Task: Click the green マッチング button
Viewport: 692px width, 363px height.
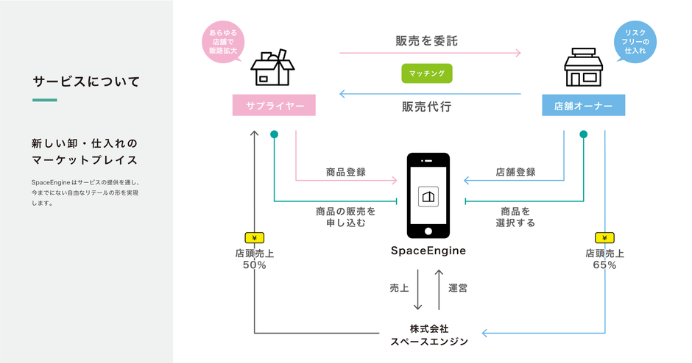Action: point(426,73)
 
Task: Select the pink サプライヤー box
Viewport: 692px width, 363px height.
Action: point(274,106)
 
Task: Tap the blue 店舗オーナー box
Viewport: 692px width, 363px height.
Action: point(584,106)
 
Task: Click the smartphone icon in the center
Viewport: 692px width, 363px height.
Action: point(428,195)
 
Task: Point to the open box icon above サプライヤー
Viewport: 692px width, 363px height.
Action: point(272,68)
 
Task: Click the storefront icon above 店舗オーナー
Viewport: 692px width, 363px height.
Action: point(584,68)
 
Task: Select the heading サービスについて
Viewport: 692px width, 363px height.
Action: point(86,81)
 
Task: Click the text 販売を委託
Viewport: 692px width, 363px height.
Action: point(426,41)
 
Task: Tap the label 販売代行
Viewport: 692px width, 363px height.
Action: point(426,106)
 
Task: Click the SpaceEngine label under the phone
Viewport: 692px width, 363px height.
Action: point(428,251)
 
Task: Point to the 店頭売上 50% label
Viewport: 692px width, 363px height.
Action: point(254,259)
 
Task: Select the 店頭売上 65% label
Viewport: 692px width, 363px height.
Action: point(604,259)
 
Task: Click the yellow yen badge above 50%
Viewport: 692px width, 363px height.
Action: point(254,238)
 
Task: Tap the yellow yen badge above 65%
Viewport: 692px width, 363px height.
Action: point(604,238)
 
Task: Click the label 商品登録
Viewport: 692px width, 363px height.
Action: point(346,173)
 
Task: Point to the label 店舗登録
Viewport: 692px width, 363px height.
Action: point(515,173)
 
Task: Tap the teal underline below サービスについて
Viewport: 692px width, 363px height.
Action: point(44,99)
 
